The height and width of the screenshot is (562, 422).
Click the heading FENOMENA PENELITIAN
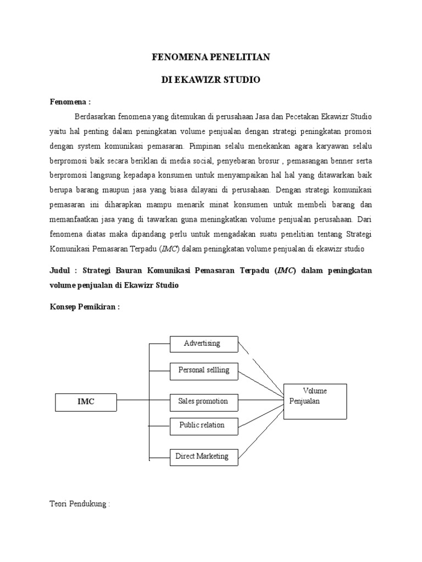[x=211, y=57]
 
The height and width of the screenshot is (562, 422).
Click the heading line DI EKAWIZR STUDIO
[x=211, y=80]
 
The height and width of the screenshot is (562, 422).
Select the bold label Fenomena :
[x=70, y=102]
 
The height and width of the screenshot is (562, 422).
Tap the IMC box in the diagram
[x=86, y=401]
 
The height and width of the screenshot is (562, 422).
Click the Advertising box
[x=204, y=344]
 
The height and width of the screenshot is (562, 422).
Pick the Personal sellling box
[x=204, y=370]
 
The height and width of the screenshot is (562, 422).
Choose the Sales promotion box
[x=204, y=401]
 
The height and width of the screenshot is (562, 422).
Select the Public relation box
[x=204, y=425]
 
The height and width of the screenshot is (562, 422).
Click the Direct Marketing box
[x=204, y=456]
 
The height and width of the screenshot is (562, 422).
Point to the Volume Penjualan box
[x=315, y=401]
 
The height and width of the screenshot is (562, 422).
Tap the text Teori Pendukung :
[x=80, y=504]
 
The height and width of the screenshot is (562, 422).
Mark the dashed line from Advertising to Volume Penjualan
[x=262, y=366]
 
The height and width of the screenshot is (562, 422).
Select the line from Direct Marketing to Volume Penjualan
[x=262, y=434]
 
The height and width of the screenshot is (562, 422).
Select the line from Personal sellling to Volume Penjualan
[x=262, y=383]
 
